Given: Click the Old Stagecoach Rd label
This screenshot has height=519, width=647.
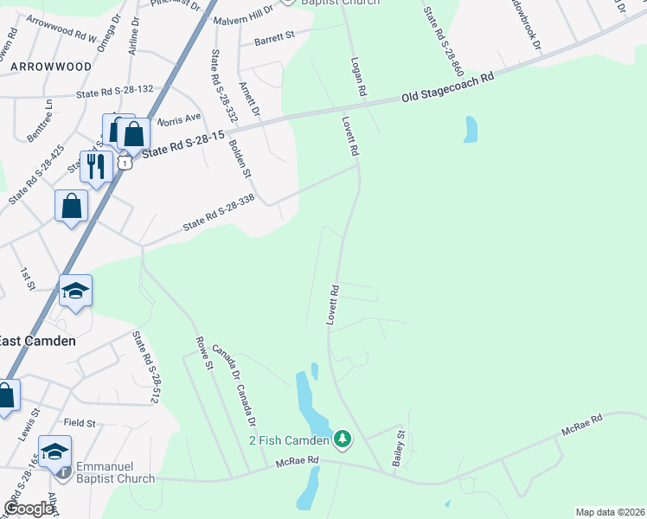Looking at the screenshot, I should click(x=449, y=88).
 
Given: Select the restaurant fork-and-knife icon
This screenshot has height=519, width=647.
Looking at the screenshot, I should click(x=95, y=165).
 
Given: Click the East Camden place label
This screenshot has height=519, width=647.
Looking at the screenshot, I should click(x=37, y=341).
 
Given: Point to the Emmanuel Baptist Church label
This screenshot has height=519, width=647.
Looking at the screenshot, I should click(x=115, y=471).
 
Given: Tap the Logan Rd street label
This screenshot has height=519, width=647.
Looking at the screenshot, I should click(x=356, y=77).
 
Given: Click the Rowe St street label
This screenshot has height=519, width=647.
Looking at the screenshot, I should click(x=203, y=354).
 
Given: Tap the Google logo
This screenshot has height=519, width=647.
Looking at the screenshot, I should click(x=29, y=509).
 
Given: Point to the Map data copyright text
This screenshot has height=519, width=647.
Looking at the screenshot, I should click(x=610, y=512).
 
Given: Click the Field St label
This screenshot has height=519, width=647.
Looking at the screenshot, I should click(x=79, y=422).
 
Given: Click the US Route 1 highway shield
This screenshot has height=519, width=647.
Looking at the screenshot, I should click(x=126, y=163).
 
